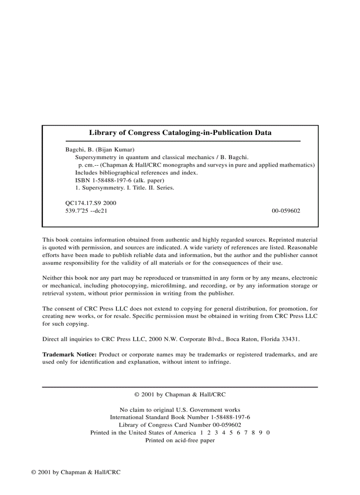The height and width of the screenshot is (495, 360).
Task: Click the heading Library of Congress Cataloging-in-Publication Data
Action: [x=180, y=132]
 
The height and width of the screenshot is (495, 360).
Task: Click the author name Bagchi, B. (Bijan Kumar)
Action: [x=100, y=149]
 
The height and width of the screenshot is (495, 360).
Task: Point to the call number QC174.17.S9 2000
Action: [x=90, y=203]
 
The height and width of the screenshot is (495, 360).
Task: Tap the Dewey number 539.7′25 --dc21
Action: [x=86, y=211]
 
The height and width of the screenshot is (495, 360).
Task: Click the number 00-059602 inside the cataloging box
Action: [x=286, y=211]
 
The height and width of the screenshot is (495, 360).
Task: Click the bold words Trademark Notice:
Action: [x=69, y=354]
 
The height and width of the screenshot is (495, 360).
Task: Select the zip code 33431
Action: [x=291, y=339]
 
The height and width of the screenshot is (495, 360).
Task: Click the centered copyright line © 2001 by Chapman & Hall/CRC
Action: [x=180, y=395]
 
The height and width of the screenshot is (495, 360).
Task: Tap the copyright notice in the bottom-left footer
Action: [x=76, y=472]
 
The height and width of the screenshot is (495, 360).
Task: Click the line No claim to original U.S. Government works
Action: [x=180, y=409]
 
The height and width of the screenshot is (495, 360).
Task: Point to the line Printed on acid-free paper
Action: [x=180, y=440]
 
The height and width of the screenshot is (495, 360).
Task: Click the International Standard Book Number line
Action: [x=180, y=417]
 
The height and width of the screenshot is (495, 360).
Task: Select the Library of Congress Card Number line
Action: [x=180, y=425]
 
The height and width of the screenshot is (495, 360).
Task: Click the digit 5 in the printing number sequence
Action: [x=231, y=432]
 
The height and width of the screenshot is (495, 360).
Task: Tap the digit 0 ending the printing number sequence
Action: [x=268, y=432]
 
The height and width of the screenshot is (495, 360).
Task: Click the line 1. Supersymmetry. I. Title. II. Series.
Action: [x=125, y=187]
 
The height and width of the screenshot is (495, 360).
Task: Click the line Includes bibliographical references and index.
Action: [x=136, y=172]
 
